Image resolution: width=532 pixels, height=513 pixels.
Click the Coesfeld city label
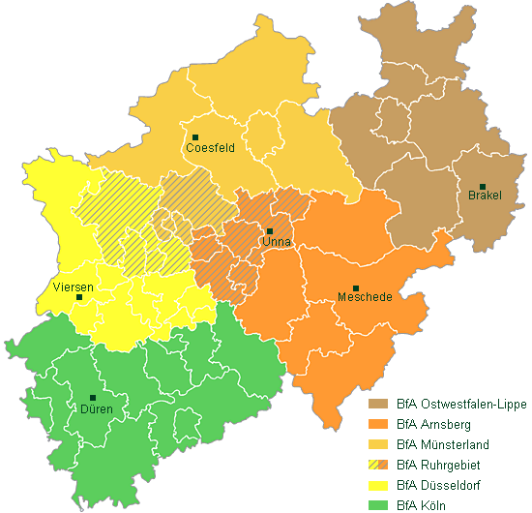click(x=212, y=148)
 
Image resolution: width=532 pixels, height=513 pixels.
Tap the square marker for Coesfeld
click(x=195, y=137)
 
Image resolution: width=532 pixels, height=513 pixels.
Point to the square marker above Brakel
click(x=483, y=186)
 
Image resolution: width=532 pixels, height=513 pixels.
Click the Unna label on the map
click(x=277, y=242)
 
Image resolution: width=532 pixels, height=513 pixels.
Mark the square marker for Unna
click(x=270, y=231)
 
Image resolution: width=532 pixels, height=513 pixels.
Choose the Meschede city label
click(x=365, y=297)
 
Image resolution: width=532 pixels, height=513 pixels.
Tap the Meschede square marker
click(x=355, y=288)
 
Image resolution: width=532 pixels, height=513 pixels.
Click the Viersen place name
click(x=74, y=287)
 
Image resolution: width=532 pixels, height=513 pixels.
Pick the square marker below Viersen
click(x=79, y=297)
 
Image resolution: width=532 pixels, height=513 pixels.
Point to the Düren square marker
click(x=93, y=398)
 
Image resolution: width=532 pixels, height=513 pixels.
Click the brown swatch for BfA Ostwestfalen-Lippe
click(x=376, y=404)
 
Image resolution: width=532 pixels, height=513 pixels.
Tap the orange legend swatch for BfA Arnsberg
click(x=376, y=424)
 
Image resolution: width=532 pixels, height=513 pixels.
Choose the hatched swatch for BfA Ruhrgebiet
click(x=376, y=465)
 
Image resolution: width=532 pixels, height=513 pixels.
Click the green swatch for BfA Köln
click(x=376, y=504)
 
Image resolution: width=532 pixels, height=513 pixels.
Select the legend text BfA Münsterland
click(x=443, y=444)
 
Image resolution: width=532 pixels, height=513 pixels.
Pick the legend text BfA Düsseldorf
click(x=439, y=485)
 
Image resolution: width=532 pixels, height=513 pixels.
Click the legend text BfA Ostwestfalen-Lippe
click(x=461, y=404)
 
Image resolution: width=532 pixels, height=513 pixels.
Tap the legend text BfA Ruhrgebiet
click(x=438, y=465)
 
